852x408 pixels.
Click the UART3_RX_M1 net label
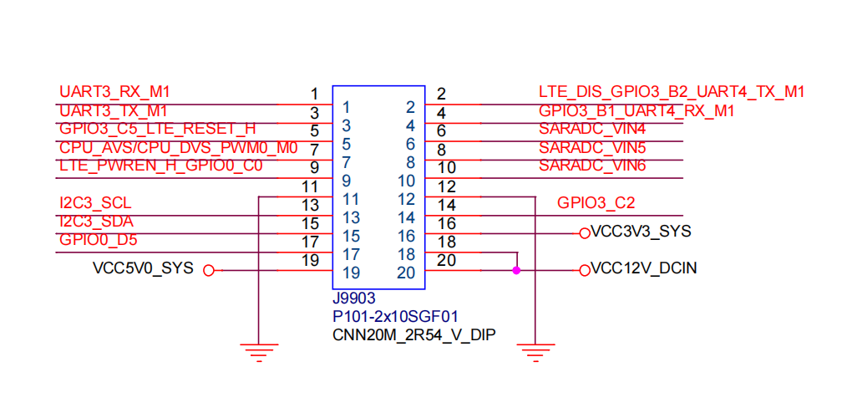pos(114,92)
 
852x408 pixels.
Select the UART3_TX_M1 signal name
pos(114,110)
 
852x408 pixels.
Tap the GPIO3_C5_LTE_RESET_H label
pos(158,129)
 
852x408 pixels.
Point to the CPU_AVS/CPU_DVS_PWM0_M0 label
pos(179,148)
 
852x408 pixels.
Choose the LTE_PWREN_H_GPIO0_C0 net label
pos(161,166)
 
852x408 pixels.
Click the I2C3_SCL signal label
pos(95,204)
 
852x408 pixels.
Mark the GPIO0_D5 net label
pos(99,241)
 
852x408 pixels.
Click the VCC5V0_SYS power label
pos(144,268)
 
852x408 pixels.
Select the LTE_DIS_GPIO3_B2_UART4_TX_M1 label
pos(672,92)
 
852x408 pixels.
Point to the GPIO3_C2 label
pos(596,203)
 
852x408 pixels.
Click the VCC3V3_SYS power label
pos(641,232)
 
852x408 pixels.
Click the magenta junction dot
pos(517,270)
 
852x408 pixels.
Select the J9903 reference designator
pos(354,298)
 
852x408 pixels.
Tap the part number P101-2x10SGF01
pos(395,317)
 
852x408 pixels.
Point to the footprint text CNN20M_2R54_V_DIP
pos(412,335)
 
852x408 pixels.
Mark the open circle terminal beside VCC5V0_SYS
pos(209,270)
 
